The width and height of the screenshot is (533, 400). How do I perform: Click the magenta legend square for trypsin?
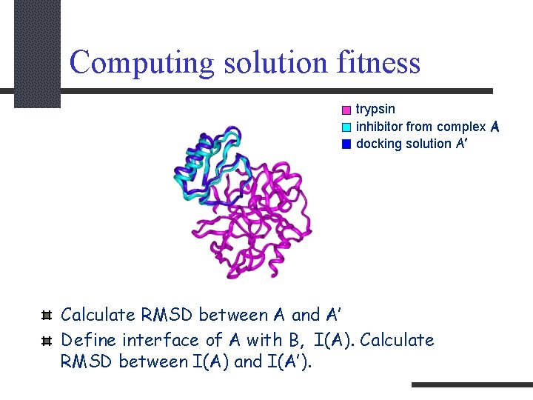pos(346,110)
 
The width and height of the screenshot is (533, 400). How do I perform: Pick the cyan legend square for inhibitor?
pos(346,127)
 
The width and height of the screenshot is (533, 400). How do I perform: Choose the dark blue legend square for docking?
pos(346,144)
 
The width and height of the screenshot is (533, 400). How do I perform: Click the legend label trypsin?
pos(375,110)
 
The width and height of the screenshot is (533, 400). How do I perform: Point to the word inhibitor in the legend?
pos(378,127)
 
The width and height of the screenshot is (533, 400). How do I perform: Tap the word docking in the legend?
pos(378,144)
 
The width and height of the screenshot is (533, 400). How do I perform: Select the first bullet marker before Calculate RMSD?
pos(46,316)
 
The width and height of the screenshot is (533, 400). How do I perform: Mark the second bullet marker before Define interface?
pos(46,341)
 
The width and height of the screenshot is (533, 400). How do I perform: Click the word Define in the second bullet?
pos(88,340)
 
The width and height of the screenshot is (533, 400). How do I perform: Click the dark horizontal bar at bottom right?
pos(472,385)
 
